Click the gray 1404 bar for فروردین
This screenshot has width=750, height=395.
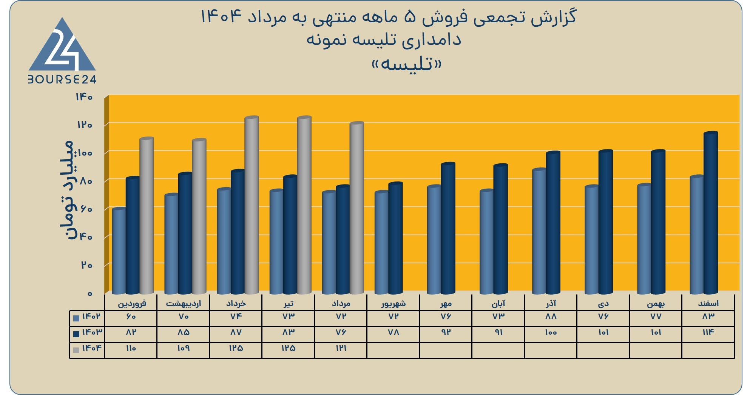pos(147,215)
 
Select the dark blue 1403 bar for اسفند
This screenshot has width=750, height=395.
pos(710,213)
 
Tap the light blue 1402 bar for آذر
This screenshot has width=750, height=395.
pos(539,231)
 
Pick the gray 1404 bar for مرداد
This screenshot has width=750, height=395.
pos(357,208)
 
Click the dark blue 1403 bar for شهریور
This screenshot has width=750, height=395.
pos(395,238)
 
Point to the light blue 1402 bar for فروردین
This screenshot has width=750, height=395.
pos(119,251)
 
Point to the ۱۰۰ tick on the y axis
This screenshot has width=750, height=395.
pos(85,153)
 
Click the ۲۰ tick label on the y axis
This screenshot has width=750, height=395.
pos(86,265)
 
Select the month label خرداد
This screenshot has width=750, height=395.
pos(236,303)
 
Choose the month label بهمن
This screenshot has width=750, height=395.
pos(656,303)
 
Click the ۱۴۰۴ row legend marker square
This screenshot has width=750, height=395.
pos(76,350)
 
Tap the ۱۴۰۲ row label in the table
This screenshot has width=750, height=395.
pos(92,316)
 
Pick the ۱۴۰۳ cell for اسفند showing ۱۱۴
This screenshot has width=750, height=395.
pos(708,332)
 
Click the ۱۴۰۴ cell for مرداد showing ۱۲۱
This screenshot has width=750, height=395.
pos(341,348)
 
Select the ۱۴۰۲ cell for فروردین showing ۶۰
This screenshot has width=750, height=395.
pos(131,316)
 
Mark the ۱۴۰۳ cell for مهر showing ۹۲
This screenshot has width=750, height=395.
pos(446,332)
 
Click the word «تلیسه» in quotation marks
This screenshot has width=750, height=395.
pos(406,64)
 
